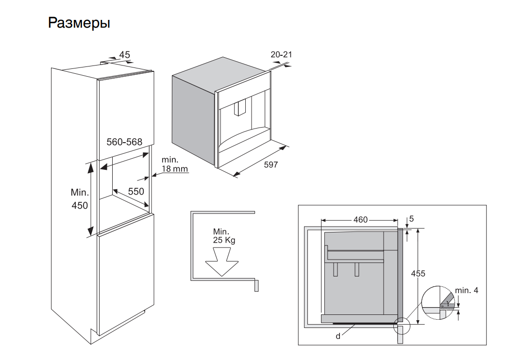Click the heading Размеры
[x=79, y=23]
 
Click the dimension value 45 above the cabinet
[x=124, y=55]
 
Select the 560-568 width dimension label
[x=124, y=142]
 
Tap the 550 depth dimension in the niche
[x=136, y=192]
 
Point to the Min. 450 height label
[x=80, y=199]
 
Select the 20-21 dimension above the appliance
[x=281, y=55]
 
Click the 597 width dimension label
[x=270, y=165]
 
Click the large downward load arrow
[x=222, y=262]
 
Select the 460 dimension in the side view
[x=360, y=220]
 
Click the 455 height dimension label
[x=418, y=274]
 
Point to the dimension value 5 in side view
[x=411, y=219]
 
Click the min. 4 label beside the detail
[x=467, y=291]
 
